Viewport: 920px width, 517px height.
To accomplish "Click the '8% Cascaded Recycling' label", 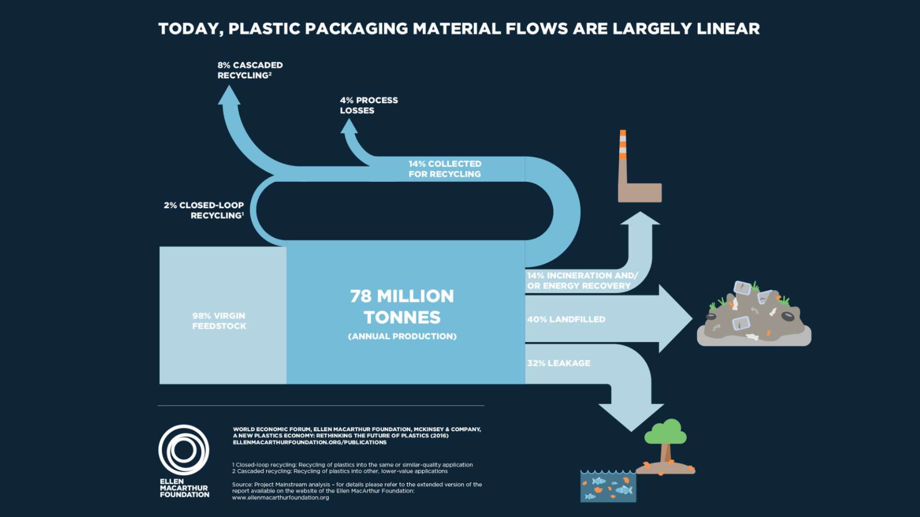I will (250, 70).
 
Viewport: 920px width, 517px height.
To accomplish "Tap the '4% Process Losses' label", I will (368, 105).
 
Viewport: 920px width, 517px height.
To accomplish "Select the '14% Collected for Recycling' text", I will (445, 169).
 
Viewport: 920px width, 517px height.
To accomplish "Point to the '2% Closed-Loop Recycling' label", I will (204, 210).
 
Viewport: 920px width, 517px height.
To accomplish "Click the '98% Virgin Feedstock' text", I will (219, 321).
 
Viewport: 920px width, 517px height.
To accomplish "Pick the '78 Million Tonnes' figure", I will (402, 306).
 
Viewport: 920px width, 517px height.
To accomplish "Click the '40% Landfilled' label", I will (566, 319).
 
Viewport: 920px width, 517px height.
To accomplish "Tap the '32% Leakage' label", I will (559, 363).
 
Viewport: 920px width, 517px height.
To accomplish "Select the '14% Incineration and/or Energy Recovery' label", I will (582, 281).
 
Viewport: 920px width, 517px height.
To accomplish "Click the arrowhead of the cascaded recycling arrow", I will (229, 96).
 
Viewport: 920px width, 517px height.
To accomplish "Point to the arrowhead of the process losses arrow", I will (349, 127).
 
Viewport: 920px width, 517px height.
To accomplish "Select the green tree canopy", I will (666, 432).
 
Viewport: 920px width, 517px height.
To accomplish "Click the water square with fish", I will (608, 487).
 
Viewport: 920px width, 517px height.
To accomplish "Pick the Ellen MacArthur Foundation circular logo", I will (184, 450).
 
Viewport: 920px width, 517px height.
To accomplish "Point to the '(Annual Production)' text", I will (402, 337).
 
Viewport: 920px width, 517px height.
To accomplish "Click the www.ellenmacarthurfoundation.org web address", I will (280, 498).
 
